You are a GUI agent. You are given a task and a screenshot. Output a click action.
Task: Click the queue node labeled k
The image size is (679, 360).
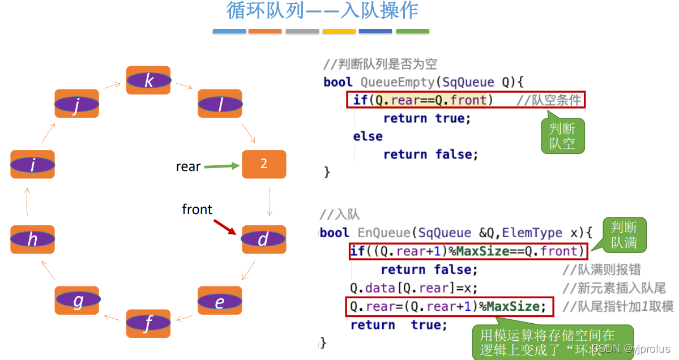[148, 80]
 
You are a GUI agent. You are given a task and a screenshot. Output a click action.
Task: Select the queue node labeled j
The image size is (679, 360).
[76, 104]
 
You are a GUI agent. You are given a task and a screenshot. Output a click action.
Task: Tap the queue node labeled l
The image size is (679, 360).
[220, 104]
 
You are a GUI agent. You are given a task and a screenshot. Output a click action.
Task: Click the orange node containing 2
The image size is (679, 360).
[264, 164]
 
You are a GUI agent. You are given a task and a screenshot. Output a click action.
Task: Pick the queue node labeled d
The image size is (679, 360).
[263, 239]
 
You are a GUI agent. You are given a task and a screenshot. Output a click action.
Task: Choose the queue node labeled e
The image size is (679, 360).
[220, 301]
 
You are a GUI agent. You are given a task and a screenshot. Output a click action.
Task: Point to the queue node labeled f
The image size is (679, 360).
[148, 324]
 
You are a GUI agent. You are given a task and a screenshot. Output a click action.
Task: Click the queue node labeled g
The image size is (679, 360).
[78, 300]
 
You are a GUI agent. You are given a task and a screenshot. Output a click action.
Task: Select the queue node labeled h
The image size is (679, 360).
[32, 239]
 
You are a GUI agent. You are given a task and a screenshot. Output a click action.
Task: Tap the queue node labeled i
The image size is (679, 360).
[32, 165]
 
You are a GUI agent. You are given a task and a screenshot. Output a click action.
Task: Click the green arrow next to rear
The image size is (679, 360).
[221, 166]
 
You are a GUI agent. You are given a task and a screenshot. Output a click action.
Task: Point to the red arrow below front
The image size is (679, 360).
[225, 227]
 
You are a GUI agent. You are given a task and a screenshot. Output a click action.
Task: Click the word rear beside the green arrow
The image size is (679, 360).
[188, 166]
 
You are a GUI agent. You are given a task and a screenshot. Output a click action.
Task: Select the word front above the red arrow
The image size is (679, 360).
[197, 209]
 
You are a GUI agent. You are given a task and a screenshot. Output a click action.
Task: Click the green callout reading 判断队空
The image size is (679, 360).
[562, 136]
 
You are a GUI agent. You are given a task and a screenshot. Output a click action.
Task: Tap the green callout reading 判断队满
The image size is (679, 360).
[624, 235]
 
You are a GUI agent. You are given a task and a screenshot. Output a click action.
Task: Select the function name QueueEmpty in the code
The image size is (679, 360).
[397, 82]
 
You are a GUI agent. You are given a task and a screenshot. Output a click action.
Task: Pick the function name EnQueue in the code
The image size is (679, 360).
[382, 233]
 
